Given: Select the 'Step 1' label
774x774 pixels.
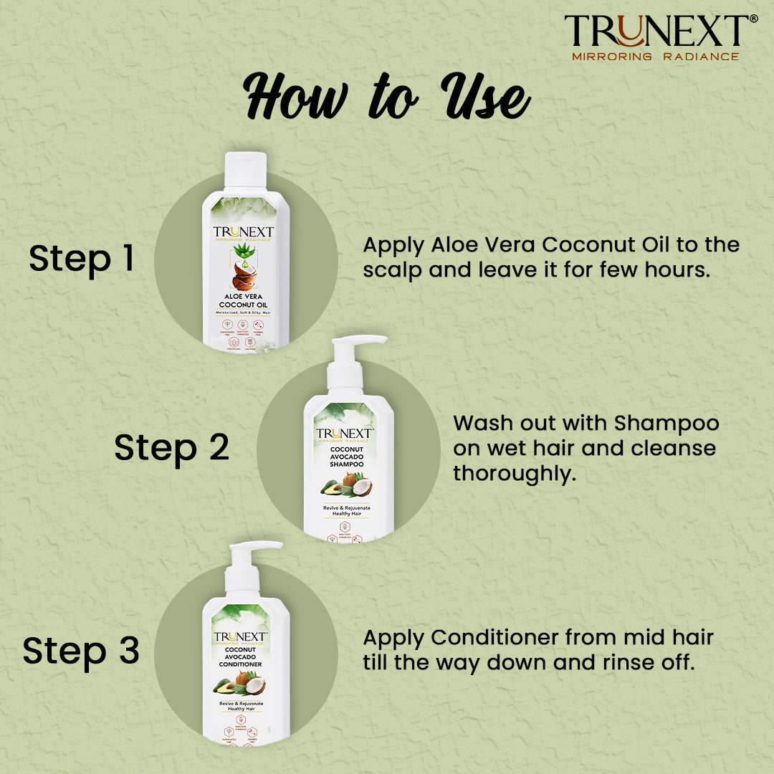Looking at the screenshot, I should [x=82, y=259].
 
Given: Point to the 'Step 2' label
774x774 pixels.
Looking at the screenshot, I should [x=171, y=448].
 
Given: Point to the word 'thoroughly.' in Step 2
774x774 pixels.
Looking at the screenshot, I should [x=515, y=474].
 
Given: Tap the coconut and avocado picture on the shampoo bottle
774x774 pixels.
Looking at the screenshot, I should [x=347, y=487].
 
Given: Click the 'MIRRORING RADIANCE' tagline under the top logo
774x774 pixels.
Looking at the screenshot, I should [x=655, y=56].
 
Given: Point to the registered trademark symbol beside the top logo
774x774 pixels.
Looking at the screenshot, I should [x=752, y=19].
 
